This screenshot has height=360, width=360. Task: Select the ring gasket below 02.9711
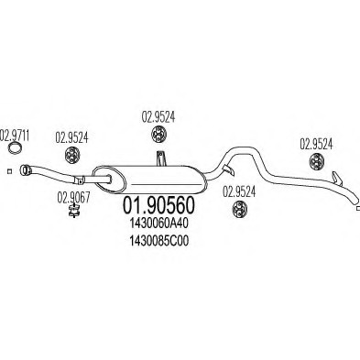(x=16, y=151)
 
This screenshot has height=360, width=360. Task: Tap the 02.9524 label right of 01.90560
(x=238, y=191)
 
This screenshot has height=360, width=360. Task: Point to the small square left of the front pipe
(x=5, y=170)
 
